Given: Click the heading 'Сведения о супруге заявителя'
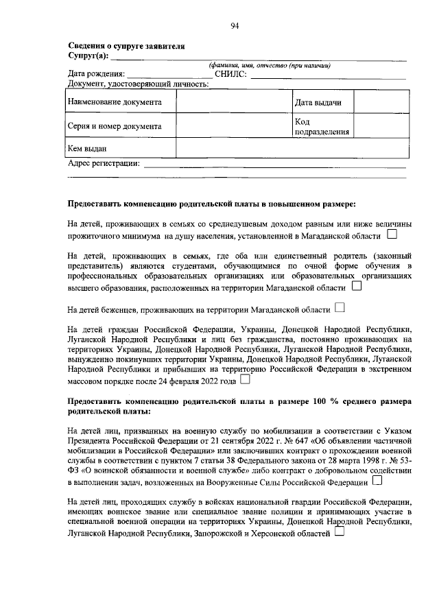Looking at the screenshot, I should click(x=126, y=46).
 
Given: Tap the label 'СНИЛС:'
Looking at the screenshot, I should click(x=230, y=74).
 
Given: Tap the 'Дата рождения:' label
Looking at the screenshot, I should click(x=95, y=74).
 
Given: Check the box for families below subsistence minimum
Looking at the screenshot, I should click(x=392, y=235).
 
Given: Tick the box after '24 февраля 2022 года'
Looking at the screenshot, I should click(x=245, y=379).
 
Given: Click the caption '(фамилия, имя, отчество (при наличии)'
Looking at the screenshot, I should click(x=270, y=65).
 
